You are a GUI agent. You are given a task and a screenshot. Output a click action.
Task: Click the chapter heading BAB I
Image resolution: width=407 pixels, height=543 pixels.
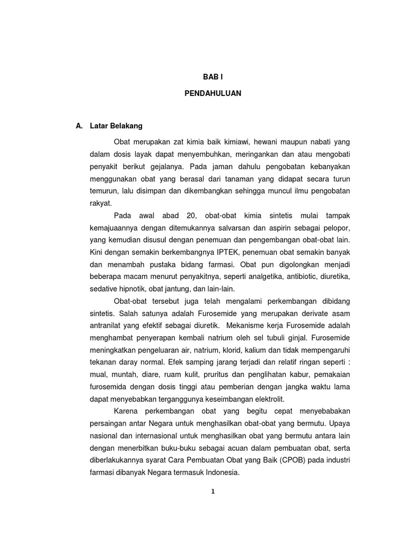tap(213, 77)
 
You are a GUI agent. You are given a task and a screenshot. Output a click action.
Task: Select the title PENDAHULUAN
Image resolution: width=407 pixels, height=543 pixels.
tap(213, 93)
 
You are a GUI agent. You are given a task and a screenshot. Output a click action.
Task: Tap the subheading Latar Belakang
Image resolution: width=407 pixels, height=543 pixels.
tap(116, 126)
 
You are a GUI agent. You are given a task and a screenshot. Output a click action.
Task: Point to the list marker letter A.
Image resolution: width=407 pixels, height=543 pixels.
tap(79, 126)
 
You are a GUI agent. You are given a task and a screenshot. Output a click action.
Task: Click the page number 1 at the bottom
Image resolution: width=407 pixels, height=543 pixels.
tap(213, 492)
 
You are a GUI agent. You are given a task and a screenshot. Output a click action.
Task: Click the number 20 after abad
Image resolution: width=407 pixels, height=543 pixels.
tap(191, 215)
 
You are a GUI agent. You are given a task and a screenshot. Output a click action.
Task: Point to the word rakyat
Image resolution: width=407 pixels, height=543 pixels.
tap(101, 203)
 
